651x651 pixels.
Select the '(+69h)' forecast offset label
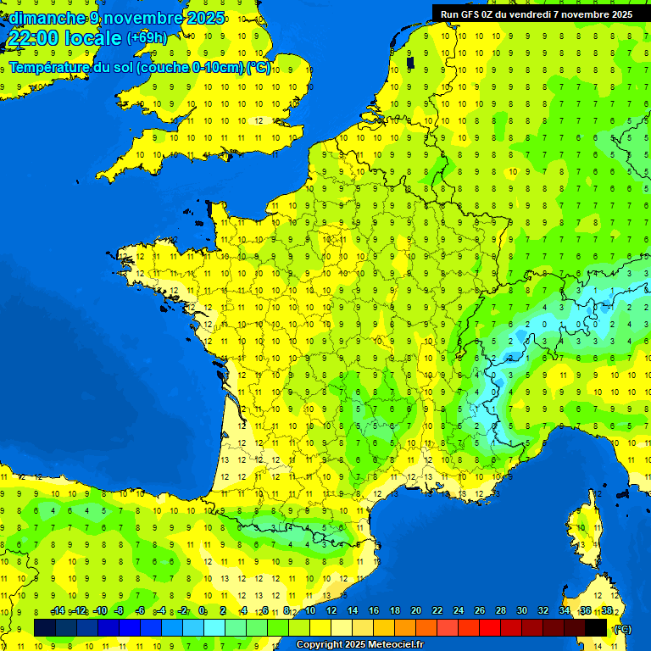click(147, 38)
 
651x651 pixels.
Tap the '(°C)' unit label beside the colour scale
click(621, 629)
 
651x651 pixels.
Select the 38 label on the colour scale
click(606, 611)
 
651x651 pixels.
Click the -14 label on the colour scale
click(58, 611)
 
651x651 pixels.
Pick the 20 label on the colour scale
click(415, 611)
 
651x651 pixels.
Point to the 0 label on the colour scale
click(202, 611)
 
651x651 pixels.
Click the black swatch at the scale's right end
click(596, 627)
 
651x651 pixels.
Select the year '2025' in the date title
click(207, 18)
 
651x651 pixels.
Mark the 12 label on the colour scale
click(331, 611)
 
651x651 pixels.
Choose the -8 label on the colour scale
click(120, 611)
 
